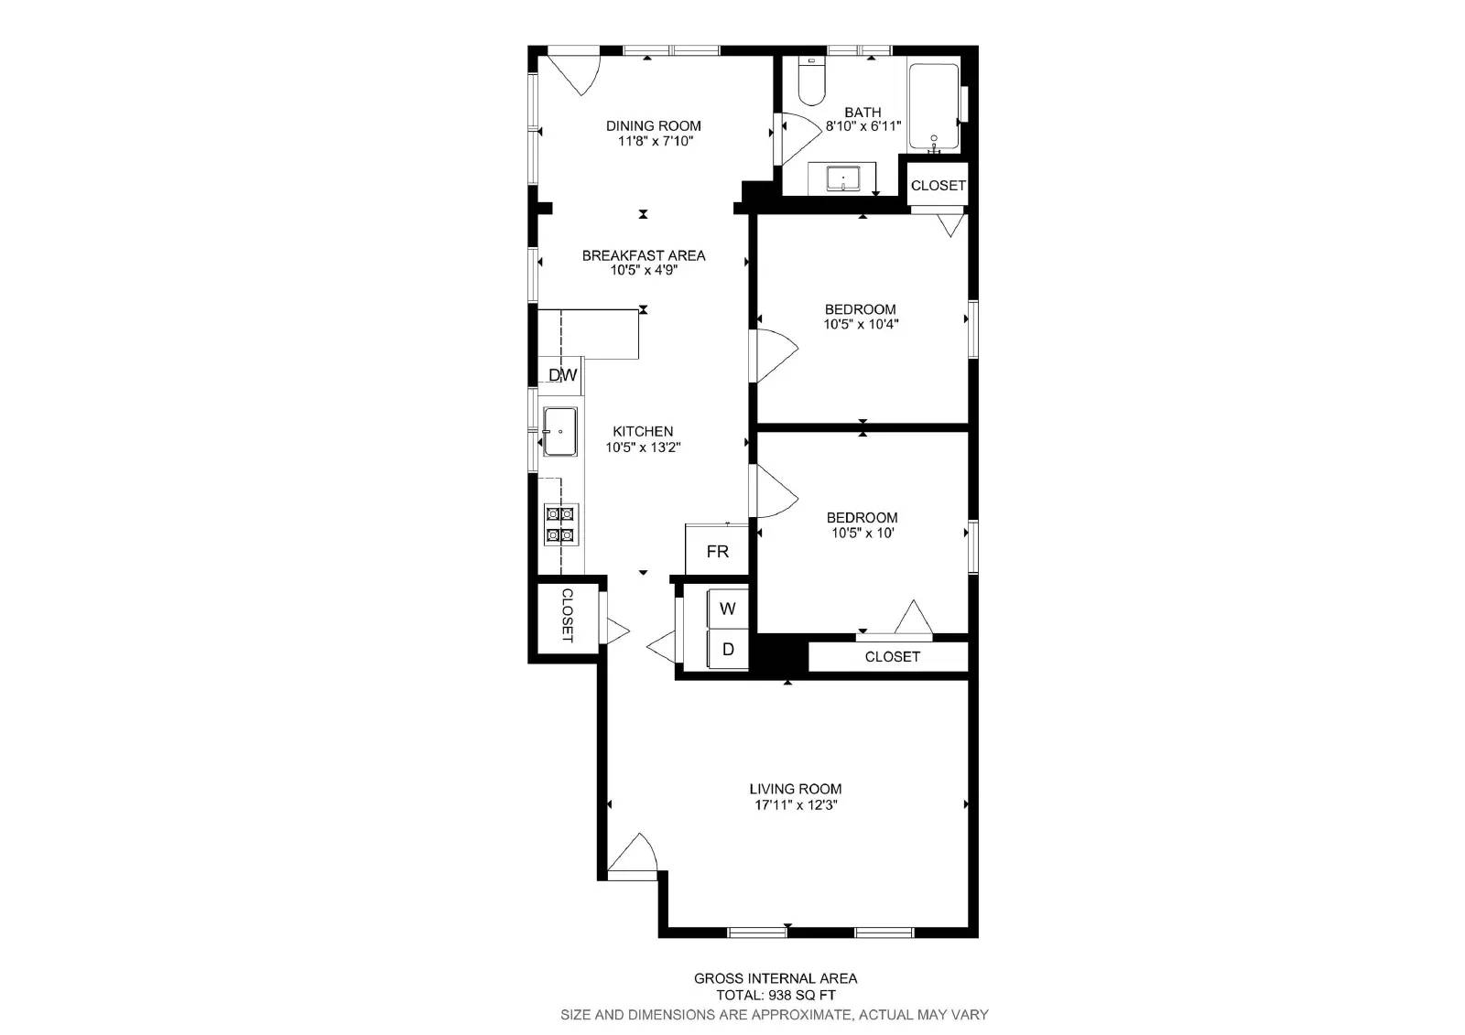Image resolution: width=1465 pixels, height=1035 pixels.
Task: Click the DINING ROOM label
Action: coord(653,126)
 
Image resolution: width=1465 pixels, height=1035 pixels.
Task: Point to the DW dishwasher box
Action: coord(562,375)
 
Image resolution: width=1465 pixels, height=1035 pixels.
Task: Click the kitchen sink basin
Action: coord(559,431)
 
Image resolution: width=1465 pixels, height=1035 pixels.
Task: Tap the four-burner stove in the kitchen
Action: coord(560,524)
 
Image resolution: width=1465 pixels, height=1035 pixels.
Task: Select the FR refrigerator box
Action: coord(717,551)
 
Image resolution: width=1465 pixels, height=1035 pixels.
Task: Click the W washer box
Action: coord(728,609)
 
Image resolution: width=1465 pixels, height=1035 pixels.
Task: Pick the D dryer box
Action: coord(728,650)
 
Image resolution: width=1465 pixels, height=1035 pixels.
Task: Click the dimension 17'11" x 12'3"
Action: coord(796,805)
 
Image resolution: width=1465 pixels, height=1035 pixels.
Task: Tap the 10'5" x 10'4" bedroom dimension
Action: coord(860,324)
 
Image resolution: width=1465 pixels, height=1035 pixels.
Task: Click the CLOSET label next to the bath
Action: coord(938,185)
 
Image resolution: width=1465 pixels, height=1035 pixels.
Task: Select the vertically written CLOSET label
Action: coord(567,615)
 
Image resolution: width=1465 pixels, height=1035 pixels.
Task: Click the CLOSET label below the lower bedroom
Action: coord(892,656)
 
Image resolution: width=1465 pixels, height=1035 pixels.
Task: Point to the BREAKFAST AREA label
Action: coord(644,255)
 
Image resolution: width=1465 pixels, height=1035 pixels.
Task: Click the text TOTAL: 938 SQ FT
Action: coord(775,995)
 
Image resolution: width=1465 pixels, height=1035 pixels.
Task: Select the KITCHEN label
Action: coord(643,431)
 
